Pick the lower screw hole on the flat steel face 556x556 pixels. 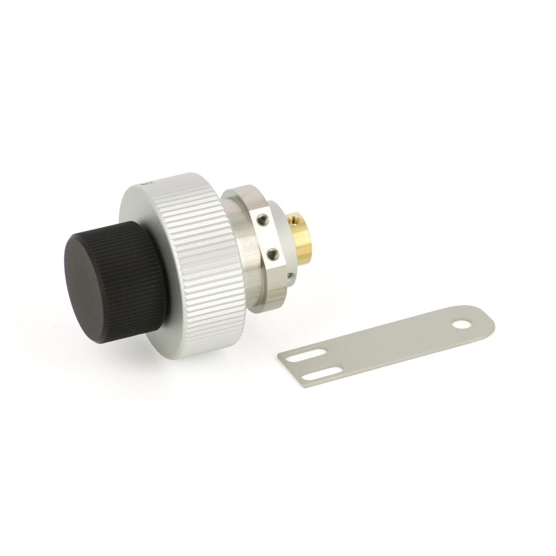coord(272,254)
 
